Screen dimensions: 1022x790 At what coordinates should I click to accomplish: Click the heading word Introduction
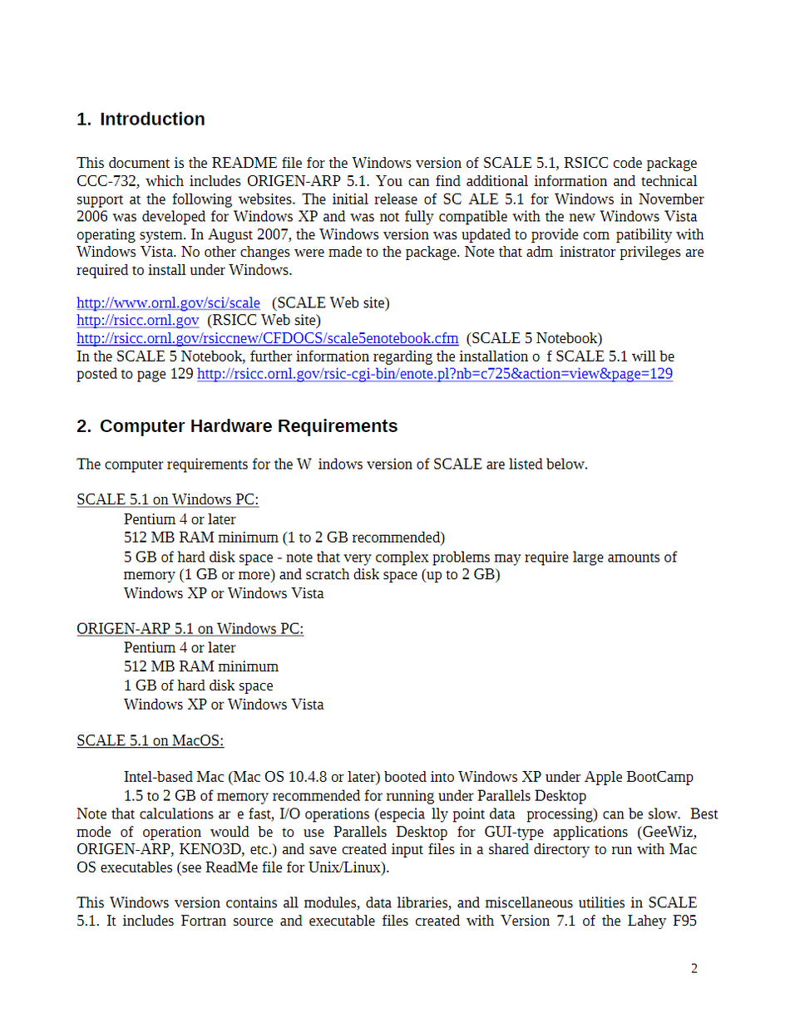152,119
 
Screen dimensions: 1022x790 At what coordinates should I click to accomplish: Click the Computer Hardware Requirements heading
249,426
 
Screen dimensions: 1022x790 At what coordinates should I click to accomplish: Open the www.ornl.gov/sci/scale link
168,302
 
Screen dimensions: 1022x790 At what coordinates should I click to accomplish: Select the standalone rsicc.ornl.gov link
137,320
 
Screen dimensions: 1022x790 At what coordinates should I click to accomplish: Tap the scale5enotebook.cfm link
267,338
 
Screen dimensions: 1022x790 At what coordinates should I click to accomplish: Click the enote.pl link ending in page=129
434,374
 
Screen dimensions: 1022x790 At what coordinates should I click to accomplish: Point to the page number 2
694,968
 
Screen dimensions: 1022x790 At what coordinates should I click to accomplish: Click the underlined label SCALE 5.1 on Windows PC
167,499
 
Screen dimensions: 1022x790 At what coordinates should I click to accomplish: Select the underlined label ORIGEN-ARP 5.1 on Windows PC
190,629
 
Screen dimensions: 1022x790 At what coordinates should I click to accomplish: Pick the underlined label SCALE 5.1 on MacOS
150,740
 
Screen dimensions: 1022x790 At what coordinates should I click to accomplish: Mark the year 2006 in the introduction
93,217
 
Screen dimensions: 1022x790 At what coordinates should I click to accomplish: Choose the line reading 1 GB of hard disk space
198,685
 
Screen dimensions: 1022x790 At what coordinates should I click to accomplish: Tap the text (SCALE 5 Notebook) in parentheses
534,338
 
